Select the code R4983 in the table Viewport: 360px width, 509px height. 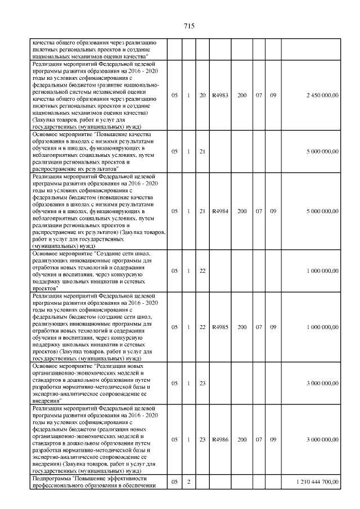220,96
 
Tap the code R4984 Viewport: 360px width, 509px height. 220,211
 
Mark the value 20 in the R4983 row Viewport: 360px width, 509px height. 202,96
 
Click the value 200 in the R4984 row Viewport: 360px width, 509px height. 242,211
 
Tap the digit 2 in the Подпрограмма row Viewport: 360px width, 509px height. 189,482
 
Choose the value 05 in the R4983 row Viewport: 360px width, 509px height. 174,96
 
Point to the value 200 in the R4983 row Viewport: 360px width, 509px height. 242,96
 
